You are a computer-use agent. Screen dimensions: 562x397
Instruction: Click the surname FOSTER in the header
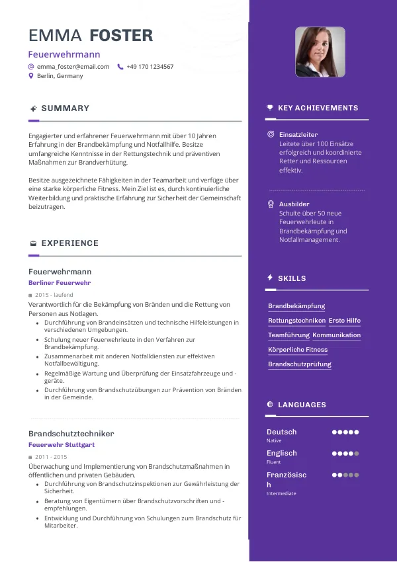click(x=121, y=36)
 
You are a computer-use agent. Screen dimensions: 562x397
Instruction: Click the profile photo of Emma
click(x=320, y=52)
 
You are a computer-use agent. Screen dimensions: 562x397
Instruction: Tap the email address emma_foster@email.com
click(x=73, y=67)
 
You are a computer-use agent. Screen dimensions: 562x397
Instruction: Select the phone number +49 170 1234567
click(x=150, y=67)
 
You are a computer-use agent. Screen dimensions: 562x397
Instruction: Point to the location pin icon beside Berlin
click(x=31, y=76)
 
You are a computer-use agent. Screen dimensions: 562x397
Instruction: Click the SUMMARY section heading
click(x=65, y=108)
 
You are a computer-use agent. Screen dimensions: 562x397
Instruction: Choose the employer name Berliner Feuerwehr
click(x=60, y=283)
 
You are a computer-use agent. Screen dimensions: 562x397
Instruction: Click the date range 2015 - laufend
click(x=54, y=295)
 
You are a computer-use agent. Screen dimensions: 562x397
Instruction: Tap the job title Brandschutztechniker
click(x=71, y=434)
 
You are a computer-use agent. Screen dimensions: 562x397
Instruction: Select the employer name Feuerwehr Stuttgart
click(x=62, y=445)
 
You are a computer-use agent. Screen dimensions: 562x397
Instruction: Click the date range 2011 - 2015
click(x=52, y=457)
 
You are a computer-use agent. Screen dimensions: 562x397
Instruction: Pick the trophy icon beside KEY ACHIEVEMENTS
click(x=270, y=108)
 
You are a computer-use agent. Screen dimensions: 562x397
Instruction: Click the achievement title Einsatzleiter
click(x=298, y=135)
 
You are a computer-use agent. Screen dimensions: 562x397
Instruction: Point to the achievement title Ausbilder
click(x=294, y=204)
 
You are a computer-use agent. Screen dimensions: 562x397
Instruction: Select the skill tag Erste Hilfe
click(x=345, y=321)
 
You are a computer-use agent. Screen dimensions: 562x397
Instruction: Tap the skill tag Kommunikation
click(x=337, y=335)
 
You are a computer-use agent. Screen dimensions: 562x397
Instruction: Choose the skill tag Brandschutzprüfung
click(x=300, y=364)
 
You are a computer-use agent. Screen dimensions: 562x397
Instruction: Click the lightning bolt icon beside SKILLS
click(x=270, y=278)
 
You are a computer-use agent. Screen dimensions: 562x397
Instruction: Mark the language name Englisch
click(x=282, y=453)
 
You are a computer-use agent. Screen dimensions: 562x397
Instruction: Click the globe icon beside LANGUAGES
click(x=270, y=405)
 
